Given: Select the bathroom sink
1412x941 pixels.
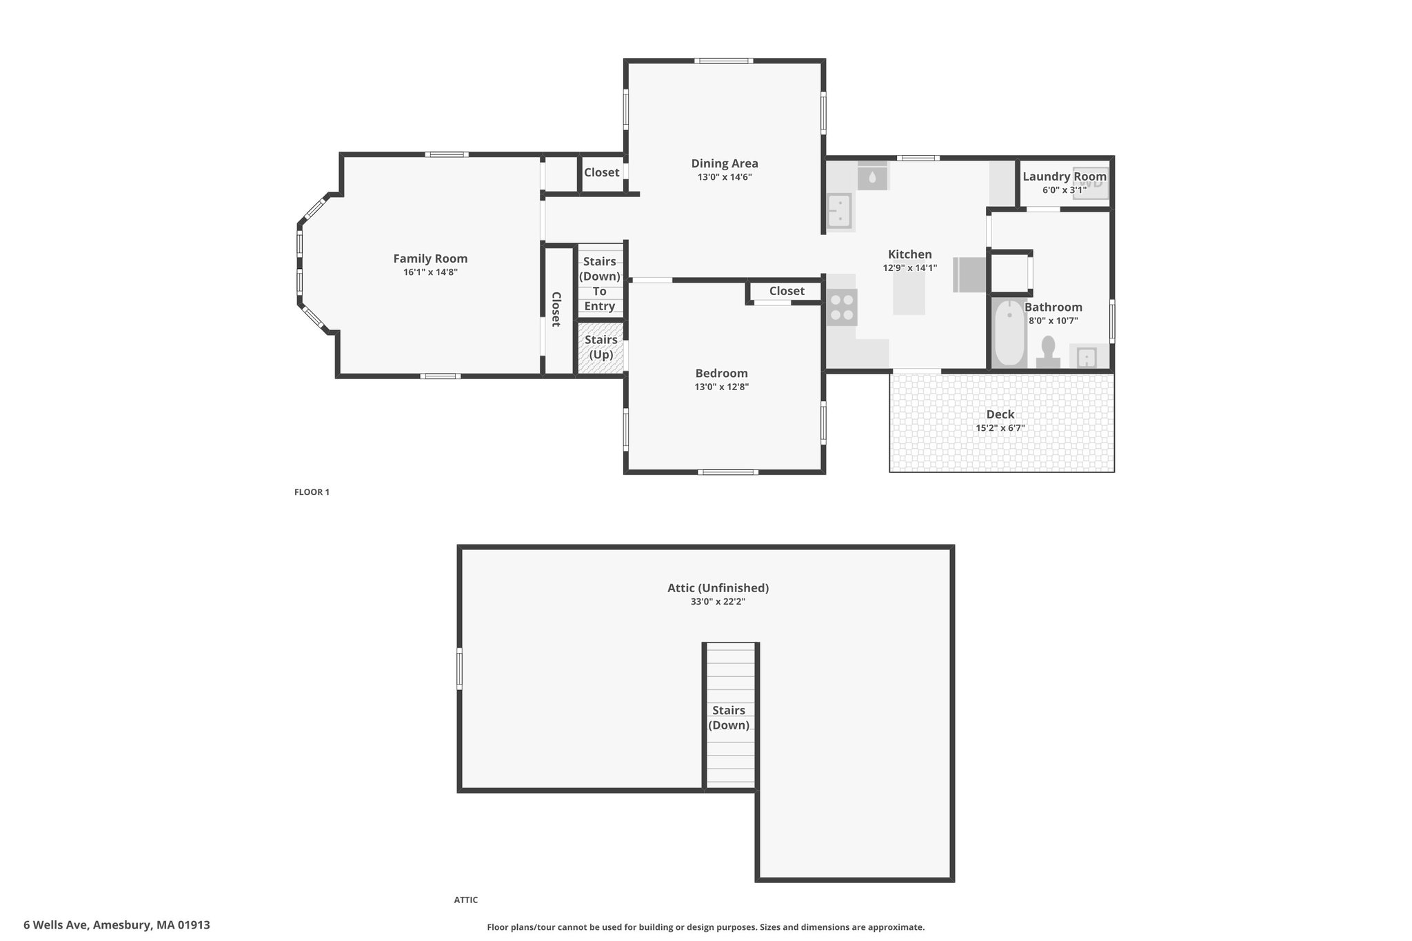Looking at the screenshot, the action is pos(1087,357).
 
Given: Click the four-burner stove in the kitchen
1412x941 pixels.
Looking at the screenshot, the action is pos(841,307).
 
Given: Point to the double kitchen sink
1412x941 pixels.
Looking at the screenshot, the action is pos(840,210).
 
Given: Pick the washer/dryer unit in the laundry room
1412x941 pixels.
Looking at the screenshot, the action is pos(1091,183).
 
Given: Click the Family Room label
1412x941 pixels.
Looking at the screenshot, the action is pos(430,259).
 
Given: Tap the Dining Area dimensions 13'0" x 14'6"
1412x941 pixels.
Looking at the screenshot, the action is pos(725,177).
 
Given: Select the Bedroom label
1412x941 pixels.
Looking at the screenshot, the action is pos(721,374).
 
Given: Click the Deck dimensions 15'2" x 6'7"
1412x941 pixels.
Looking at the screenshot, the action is pos(1000,428).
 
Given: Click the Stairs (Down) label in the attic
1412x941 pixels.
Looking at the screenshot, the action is pos(729,718).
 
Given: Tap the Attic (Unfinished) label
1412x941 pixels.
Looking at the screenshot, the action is pos(718,588).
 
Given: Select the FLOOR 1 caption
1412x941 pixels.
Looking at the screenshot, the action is pos(312,492).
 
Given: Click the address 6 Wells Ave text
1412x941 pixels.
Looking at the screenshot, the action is pos(56,925).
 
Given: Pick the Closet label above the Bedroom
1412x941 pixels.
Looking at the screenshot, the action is pos(787,291).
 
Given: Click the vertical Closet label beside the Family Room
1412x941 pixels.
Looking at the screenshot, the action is pos(556,309).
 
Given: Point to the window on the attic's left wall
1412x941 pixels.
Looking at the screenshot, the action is pos(460,668).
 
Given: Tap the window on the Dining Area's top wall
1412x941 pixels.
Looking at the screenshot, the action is pos(723,61).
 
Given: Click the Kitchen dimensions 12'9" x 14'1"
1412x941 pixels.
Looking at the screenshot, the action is pos(910,268).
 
